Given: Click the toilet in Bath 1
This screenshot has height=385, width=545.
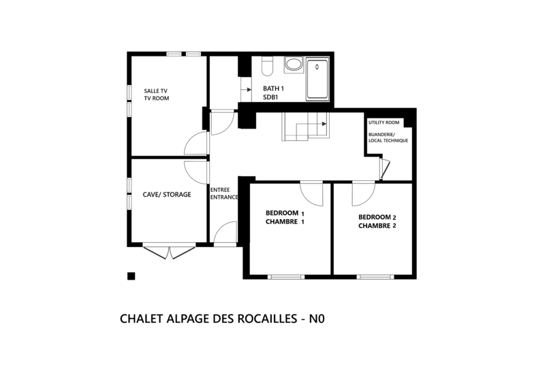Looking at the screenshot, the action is click(267, 66).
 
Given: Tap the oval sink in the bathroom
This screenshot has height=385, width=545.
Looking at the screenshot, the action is click(294, 65).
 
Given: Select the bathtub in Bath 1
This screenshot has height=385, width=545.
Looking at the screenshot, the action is click(317, 79).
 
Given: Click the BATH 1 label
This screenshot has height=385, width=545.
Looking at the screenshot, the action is click(273, 88).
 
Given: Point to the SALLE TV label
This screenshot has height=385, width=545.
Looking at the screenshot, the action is click(156, 91).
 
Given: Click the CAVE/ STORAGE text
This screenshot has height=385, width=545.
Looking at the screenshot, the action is click(167, 195).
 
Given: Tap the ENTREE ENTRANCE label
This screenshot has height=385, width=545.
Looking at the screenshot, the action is click(224, 193).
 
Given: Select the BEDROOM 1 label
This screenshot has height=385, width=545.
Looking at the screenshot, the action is click(285, 213).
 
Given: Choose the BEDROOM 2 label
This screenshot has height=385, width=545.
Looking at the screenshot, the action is click(377, 217).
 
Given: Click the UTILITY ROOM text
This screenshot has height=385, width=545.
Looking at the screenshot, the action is click(384, 122).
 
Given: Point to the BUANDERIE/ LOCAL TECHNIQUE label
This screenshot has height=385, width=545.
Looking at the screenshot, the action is click(388, 137).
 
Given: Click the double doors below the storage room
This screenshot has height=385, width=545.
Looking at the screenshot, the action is click(169, 252).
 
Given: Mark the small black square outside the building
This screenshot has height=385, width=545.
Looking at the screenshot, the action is click(131, 276).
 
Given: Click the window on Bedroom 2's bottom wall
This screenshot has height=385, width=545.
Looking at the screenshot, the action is click(375, 277).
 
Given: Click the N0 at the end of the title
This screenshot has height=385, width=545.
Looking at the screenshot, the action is click(317, 318).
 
